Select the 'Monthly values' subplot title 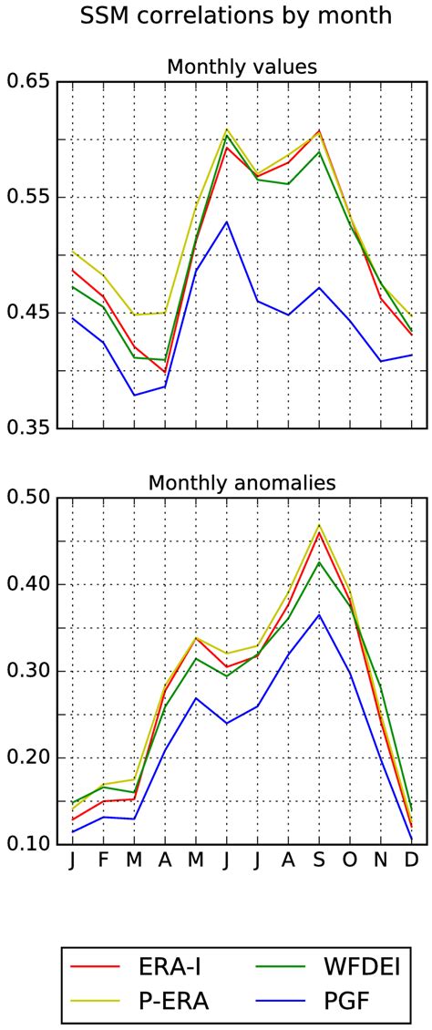pos(240,67)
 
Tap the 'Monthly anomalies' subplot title pos(240,482)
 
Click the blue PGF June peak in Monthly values pos(226,221)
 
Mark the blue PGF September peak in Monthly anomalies pos(319,614)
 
